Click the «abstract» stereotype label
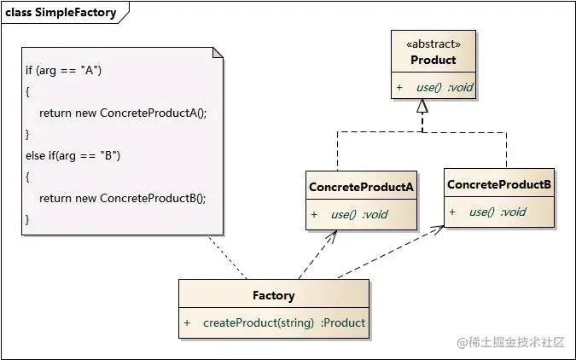433,44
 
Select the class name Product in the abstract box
433,60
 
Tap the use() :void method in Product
445,87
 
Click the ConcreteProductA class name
361,187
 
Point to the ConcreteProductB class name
499,184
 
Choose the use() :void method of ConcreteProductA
359,214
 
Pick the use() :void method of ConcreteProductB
497,212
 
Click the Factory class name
274,296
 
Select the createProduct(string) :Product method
284,323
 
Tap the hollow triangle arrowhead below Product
422,106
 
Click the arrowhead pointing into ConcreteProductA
331,236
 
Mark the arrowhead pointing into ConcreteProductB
437,229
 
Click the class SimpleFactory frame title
61,13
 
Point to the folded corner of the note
218,53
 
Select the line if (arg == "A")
63,70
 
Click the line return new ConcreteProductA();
123,113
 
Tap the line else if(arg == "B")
73,156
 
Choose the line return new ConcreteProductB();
122,199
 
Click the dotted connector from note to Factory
227,257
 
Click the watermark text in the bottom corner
510,342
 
